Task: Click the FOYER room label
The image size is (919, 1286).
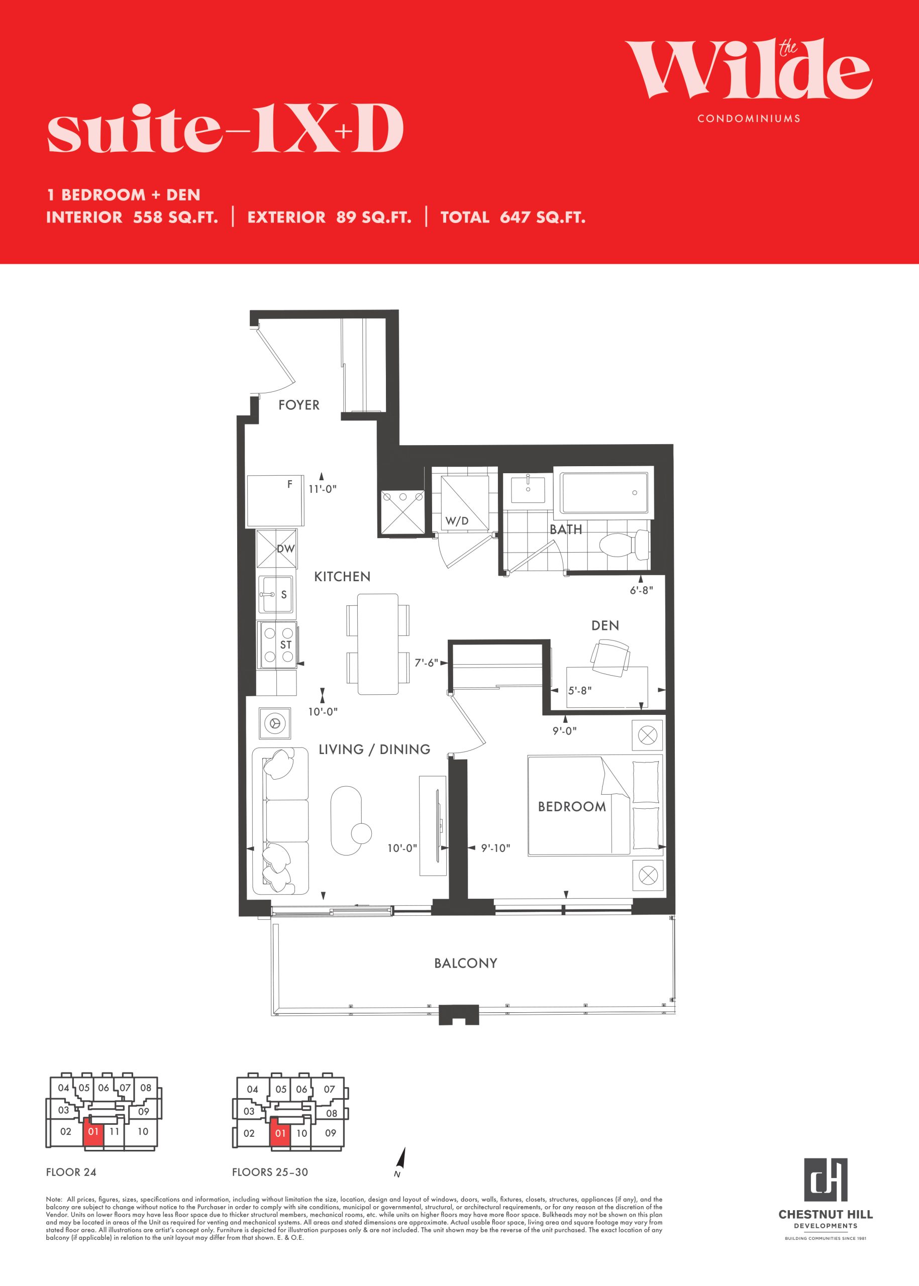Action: [x=299, y=405]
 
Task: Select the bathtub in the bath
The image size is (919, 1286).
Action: [x=604, y=493]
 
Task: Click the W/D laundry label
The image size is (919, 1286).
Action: [x=457, y=520]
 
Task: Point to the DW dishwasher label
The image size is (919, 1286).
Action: [x=286, y=548]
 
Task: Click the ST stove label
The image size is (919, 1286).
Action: [x=286, y=645]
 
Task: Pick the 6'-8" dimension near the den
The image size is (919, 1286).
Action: [x=641, y=590]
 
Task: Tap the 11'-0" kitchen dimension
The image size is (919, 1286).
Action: [x=323, y=489]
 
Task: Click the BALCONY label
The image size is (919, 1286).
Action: [x=466, y=963]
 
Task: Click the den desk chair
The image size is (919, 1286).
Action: [x=610, y=658]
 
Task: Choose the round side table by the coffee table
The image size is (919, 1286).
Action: [x=362, y=833]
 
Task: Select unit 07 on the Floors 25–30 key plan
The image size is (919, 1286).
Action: [x=329, y=1089]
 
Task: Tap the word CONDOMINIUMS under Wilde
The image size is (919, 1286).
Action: [x=749, y=119]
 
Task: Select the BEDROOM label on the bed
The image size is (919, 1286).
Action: [x=571, y=807]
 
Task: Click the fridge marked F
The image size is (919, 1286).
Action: [x=275, y=501]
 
